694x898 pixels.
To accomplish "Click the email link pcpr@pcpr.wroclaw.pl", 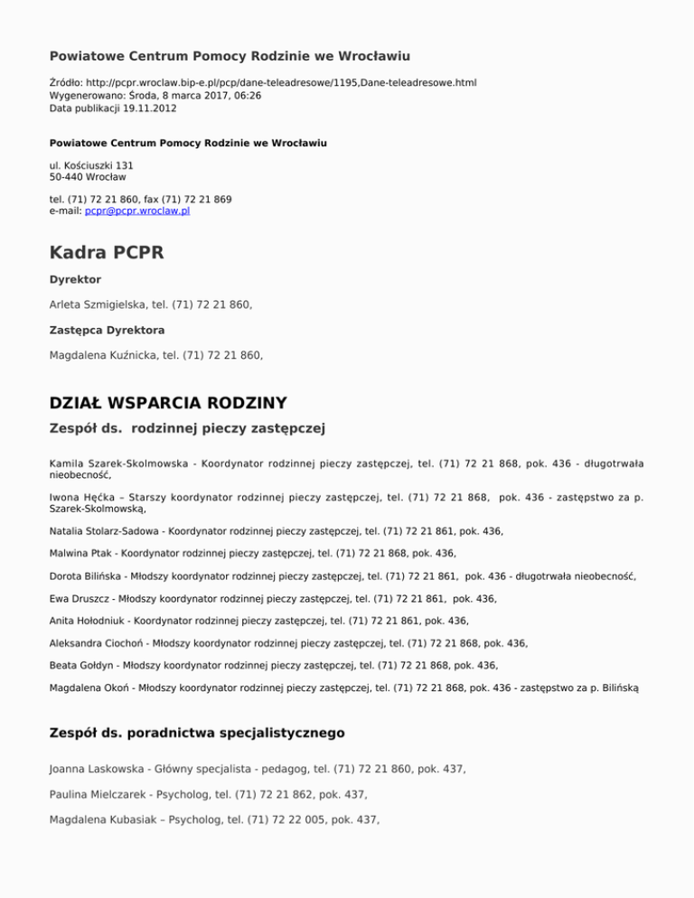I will [136, 210].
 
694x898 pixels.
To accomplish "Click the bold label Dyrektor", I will [75, 280].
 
